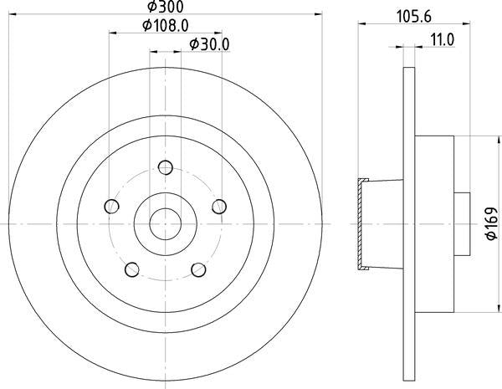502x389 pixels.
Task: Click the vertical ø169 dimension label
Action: point(492,225)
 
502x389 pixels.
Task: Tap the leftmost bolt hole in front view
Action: point(110,205)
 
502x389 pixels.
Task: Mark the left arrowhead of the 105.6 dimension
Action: point(362,24)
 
